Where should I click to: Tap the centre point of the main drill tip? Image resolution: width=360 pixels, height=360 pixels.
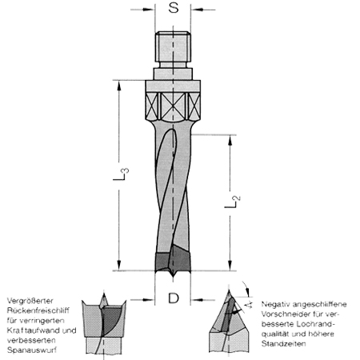tap(172, 277)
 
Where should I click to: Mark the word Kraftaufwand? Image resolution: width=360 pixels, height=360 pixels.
tap(29, 330)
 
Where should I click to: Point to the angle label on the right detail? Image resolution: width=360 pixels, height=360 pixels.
tap(250, 304)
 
